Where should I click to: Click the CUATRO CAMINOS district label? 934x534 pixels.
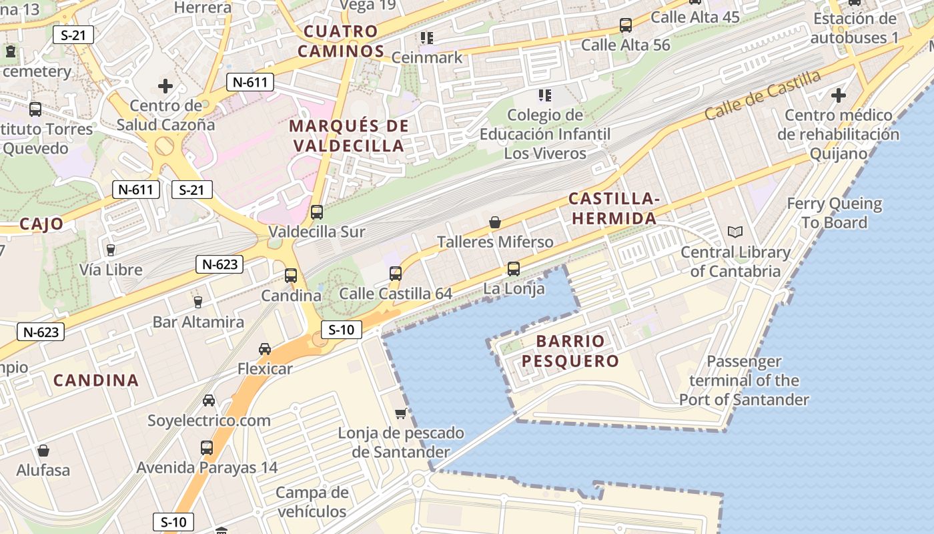pyautogui.click(x=341, y=41)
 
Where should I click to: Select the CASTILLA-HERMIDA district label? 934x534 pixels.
pyautogui.click(x=613, y=208)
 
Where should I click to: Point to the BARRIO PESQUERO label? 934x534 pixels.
pyautogui.click(x=570, y=351)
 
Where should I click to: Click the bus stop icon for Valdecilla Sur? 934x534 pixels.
pyautogui.click(x=317, y=212)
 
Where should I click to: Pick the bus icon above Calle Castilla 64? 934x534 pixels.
pyautogui.click(x=396, y=273)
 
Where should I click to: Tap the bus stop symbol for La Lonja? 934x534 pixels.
pyautogui.click(x=513, y=269)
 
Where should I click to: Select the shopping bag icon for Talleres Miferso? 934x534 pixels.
pyautogui.click(x=495, y=222)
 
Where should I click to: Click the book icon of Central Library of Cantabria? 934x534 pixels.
pyautogui.click(x=735, y=232)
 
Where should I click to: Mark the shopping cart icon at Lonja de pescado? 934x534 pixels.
pyautogui.click(x=400, y=413)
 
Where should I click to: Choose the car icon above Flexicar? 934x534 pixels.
pyautogui.click(x=265, y=349)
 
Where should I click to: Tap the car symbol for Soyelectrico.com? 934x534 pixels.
pyautogui.click(x=209, y=400)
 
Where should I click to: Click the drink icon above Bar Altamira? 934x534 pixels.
pyautogui.click(x=197, y=302)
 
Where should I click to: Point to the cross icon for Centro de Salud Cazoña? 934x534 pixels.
pyautogui.click(x=165, y=86)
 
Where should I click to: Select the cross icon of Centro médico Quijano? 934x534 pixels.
pyautogui.click(x=838, y=95)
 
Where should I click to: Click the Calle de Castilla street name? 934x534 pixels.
pyautogui.click(x=763, y=95)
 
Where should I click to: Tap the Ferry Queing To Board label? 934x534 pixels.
pyautogui.click(x=834, y=213)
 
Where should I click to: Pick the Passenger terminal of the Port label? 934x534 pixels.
pyautogui.click(x=744, y=380)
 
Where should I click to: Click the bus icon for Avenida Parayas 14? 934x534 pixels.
pyautogui.click(x=207, y=447)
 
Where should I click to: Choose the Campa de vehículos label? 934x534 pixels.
pyautogui.click(x=312, y=502)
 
